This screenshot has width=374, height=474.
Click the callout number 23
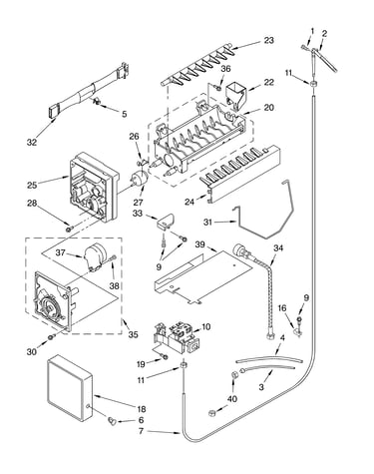click(268, 40)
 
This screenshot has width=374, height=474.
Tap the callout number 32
click(32, 142)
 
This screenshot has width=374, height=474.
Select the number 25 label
click(32, 185)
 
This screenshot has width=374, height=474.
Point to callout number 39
click(199, 244)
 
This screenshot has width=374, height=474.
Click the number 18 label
click(141, 409)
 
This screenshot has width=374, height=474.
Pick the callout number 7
click(141, 431)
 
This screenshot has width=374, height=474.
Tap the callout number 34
click(278, 247)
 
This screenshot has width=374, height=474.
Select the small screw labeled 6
click(111, 420)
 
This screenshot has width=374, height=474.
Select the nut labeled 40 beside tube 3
click(233, 374)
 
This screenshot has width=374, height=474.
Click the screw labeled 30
click(51, 337)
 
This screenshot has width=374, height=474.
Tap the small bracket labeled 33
click(167, 222)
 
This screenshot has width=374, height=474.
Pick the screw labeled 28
click(69, 229)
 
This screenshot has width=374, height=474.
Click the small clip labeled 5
click(95, 100)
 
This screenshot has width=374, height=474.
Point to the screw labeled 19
click(164, 356)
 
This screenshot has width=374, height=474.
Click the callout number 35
click(133, 334)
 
